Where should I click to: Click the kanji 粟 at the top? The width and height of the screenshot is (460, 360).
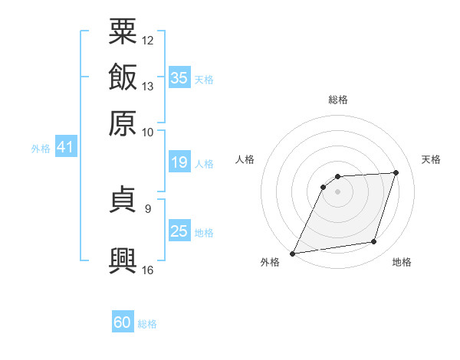pyautogui.click(x=123, y=31)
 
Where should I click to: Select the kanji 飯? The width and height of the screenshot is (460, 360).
pyautogui.click(x=123, y=77)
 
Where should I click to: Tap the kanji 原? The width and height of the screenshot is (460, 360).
pyautogui.click(x=123, y=123)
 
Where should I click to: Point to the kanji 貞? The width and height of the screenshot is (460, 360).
pyautogui.click(x=123, y=198)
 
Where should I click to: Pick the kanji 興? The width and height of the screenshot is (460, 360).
pyautogui.click(x=123, y=260)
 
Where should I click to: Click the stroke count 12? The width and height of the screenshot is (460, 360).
pyautogui.click(x=147, y=41)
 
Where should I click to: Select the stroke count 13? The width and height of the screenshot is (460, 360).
pyautogui.click(x=147, y=87)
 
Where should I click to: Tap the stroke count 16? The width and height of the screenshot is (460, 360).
pyautogui.click(x=147, y=270)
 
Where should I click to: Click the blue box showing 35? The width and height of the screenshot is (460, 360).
pyautogui.click(x=179, y=77)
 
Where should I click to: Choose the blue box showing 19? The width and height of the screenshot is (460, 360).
pyautogui.click(x=179, y=162)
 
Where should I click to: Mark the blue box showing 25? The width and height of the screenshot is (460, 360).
pyautogui.click(x=179, y=230)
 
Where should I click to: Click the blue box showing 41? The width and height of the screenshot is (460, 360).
pyautogui.click(x=66, y=146)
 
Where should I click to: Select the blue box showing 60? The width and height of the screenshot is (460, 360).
pyautogui.click(x=123, y=321)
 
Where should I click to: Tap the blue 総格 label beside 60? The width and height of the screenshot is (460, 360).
pyautogui.click(x=147, y=324)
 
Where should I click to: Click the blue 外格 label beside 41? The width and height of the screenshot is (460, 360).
pyautogui.click(x=41, y=149)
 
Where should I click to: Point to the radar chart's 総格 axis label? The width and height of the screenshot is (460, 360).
pyautogui.click(x=338, y=100)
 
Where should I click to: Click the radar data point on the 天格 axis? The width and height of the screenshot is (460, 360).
pyautogui.click(x=396, y=172)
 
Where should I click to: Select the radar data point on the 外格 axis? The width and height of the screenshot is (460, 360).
pyautogui.click(x=292, y=254)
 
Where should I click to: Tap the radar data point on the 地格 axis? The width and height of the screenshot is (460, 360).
pyautogui.click(x=374, y=242)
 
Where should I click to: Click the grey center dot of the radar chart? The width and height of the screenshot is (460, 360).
pyautogui.click(x=337, y=191)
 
